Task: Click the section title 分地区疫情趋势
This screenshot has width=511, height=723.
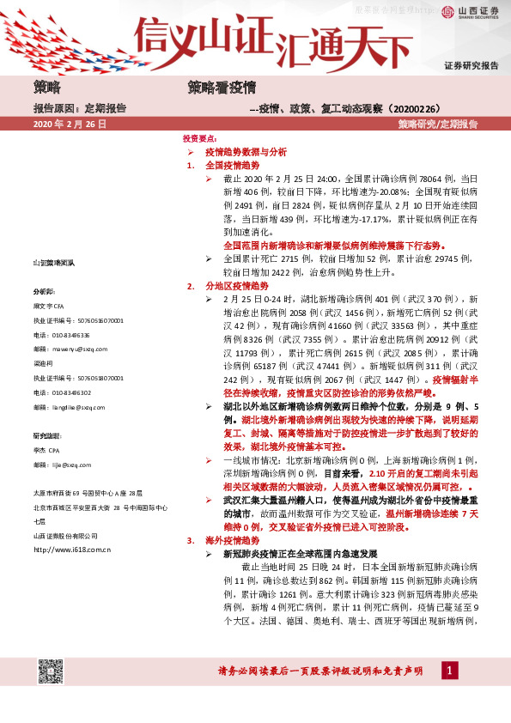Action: coord(237,284)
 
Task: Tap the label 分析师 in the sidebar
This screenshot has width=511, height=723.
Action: coord(44,291)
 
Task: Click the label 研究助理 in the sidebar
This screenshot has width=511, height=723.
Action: coord(48,436)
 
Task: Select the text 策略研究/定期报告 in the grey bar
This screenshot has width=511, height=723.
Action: coord(437,125)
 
